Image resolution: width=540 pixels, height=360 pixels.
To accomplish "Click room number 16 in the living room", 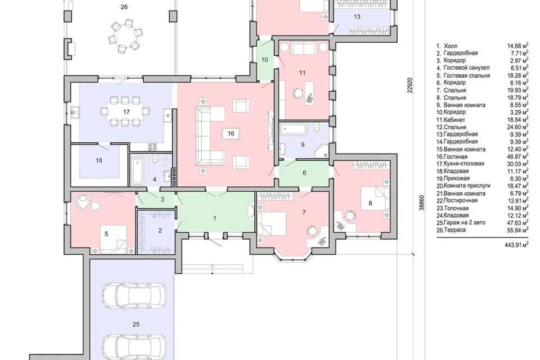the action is coord(231,133).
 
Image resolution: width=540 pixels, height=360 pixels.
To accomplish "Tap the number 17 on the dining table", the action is coord(126,112).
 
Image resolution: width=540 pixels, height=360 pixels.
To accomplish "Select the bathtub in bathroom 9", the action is coord(294,130).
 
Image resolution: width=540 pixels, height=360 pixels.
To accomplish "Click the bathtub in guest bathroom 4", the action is coord(138,171).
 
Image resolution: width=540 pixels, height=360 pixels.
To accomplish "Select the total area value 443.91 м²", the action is coord(516,245).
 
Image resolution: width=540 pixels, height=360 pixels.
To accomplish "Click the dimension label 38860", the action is coord(421,203).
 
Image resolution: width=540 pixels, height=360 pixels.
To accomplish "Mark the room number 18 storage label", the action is coord(99,160).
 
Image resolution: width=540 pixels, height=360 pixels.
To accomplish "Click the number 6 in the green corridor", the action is coord(304,173).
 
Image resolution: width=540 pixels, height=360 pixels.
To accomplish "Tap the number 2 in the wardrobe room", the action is coord(160,231).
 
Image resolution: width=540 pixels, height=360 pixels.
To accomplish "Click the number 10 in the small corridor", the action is coord(264,60).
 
